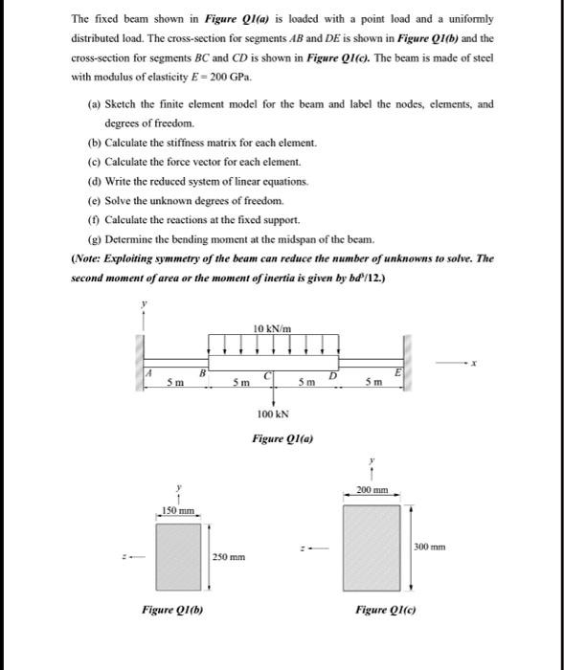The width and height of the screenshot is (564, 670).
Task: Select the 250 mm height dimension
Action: pyautogui.click(x=229, y=556)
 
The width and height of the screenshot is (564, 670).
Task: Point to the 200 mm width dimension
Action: pyautogui.click(x=371, y=490)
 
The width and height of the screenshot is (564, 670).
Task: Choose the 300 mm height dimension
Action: pyautogui.click(x=429, y=547)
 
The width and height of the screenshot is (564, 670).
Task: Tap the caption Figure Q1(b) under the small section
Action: pyautogui.click(x=169, y=610)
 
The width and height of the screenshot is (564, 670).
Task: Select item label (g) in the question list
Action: pyautogui.click(x=92, y=237)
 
